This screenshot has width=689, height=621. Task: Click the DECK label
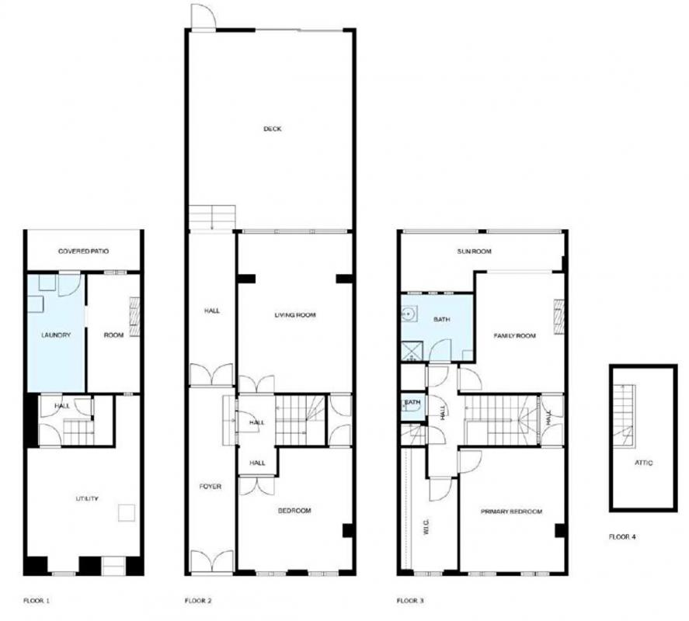click(272, 129)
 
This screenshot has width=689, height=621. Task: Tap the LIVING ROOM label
click(295, 314)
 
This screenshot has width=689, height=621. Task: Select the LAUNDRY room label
click(56, 335)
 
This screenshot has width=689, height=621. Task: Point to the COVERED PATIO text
click(83, 252)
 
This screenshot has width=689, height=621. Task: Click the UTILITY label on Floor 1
click(86, 498)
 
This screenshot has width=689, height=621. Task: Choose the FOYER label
click(211, 487)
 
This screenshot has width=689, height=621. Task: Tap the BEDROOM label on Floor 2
click(294, 510)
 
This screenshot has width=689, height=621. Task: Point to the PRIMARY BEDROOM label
click(510, 512)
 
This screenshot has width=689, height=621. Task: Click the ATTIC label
click(643, 463)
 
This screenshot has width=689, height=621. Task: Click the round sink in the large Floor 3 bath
click(409, 314)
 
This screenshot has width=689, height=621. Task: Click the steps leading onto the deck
click(212, 217)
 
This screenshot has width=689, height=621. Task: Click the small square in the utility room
click(126, 512)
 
